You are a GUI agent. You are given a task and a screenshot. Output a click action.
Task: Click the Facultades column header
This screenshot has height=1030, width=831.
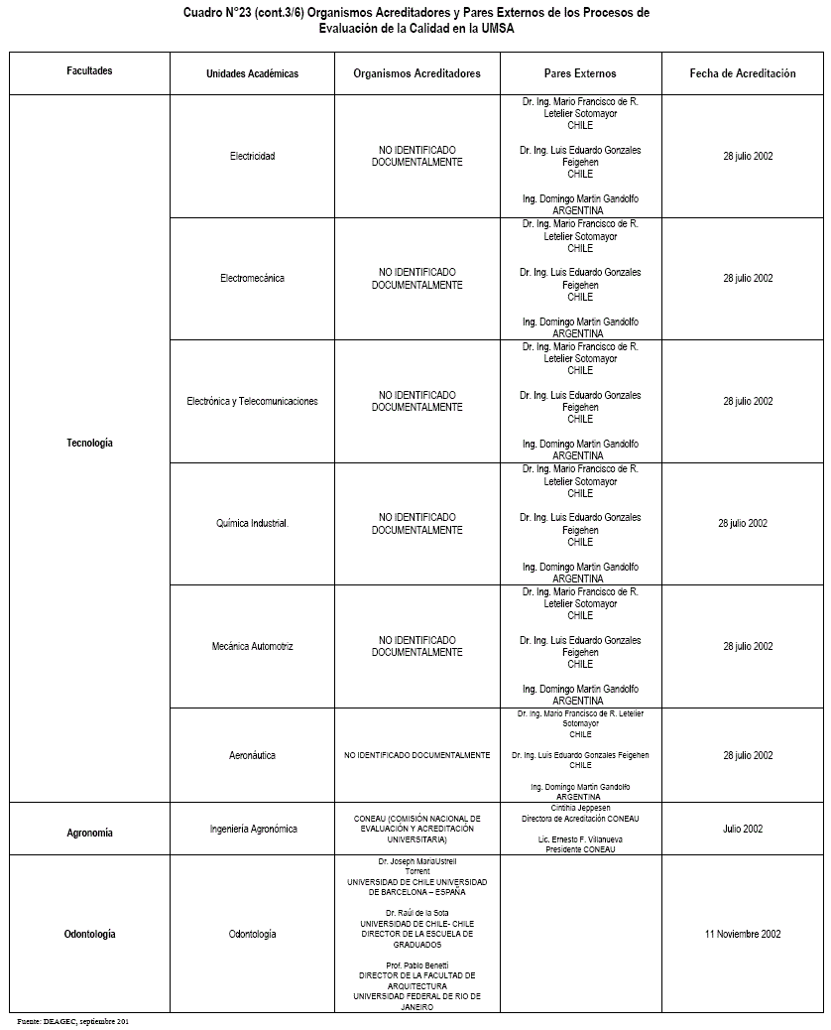click(x=89, y=71)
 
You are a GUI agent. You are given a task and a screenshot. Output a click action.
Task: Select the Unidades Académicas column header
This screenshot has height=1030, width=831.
click(x=252, y=73)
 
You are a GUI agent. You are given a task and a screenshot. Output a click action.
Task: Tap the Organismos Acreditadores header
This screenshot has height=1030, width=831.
click(x=416, y=73)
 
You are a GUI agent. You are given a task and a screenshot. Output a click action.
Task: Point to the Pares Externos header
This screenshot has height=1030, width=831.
click(x=580, y=73)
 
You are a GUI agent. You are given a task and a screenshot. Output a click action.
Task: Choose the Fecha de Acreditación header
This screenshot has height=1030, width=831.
click(x=743, y=73)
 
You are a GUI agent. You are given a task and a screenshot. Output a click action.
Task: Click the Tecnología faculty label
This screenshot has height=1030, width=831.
click(x=89, y=443)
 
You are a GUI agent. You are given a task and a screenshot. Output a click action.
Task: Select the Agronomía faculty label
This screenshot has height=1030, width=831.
click(x=89, y=834)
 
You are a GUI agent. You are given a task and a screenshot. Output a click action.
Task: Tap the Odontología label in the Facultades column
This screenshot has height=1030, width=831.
click(x=89, y=934)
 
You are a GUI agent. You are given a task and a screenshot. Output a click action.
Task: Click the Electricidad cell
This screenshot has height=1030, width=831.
click(x=252, y=156)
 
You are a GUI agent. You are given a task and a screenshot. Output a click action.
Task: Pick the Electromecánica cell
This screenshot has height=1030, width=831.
click(x=252, y=278)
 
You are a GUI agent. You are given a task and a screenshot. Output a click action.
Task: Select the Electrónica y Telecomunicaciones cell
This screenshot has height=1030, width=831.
click(x=252, y=401)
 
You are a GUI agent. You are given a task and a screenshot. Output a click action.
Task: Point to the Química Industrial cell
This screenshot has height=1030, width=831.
click(x=252, y=523)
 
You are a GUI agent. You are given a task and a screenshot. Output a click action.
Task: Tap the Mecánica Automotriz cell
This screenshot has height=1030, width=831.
click(x=252, y=646)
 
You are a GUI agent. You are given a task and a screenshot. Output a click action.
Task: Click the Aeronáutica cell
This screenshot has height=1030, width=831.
click(x=252, y=755)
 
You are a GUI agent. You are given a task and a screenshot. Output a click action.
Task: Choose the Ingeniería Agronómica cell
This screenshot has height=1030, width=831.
click(x=253, y=829)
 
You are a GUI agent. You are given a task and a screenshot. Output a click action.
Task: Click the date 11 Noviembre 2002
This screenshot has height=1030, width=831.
click(x=743, y=934)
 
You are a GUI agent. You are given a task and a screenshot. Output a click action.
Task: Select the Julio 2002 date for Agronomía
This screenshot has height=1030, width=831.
click(x=743, y=829)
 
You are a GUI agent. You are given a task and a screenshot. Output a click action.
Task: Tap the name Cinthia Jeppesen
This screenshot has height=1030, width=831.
click(x=580, y=808)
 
